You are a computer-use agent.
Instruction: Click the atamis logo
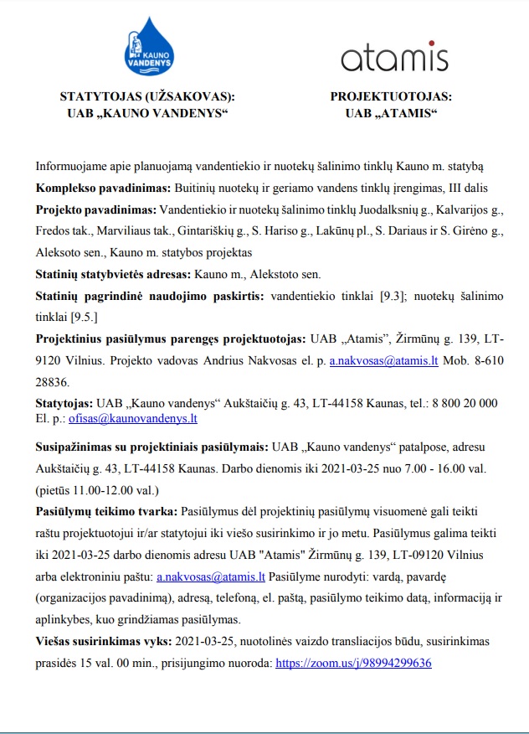click(x=393, y=57)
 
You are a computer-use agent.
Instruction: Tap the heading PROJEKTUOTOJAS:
click(x=392, y=96)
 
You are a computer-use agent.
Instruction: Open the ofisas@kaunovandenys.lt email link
click(x=147, y=418)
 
